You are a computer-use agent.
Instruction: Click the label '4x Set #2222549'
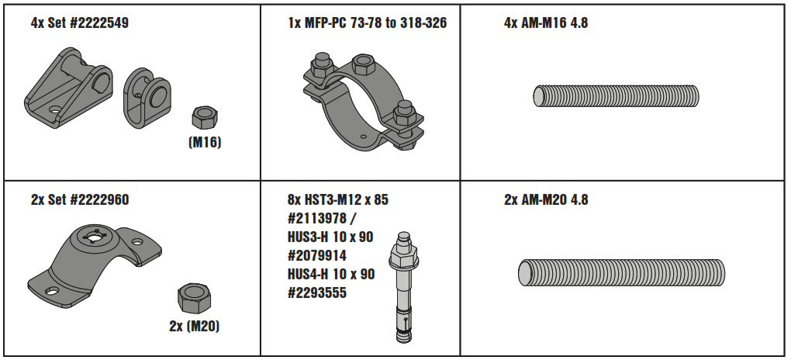click(x=79, y=23)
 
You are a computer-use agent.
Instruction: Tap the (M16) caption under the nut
click(x=205, y=143)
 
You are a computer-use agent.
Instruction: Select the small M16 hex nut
click(x=205, y=119)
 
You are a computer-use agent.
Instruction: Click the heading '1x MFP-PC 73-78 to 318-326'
click(x=367, y=23)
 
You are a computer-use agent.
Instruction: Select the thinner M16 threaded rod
click(x=616, y=96)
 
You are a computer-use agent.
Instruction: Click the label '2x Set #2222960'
click(x=79, y=200)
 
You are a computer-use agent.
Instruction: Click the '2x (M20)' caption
click(x=194, y=326)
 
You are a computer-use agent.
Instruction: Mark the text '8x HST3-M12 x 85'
click(x=337, y=200)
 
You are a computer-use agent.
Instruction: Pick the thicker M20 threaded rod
click(x=621, y=273)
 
